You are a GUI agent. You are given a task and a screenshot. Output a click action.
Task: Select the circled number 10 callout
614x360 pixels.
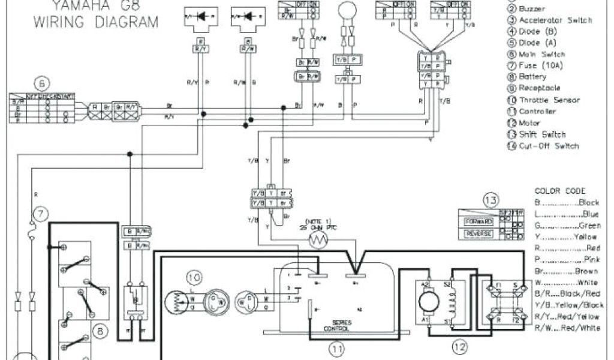[194, 277]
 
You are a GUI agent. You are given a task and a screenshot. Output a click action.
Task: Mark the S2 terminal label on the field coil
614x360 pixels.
[447, 283]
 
